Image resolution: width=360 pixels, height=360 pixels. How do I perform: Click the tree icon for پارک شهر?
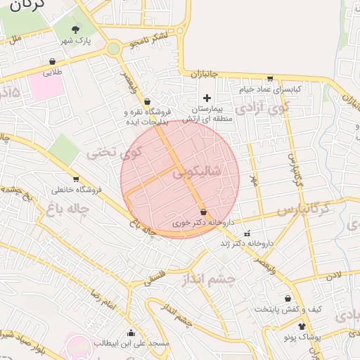click(x=76, y=29)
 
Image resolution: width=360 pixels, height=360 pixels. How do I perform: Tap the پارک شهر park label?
click(x=76, y=41)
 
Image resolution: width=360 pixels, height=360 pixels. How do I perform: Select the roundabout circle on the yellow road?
click(x=113, y=49)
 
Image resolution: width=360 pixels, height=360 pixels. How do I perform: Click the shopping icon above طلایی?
click(x=53, y=61)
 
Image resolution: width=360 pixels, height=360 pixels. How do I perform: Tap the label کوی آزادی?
click(x=262, y=108)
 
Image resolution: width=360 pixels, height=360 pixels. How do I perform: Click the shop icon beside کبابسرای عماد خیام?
click(x=269, y=78)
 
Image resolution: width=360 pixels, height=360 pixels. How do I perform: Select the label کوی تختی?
click(x=114, y=152)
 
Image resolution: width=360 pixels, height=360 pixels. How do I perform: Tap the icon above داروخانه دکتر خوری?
click(x=203, y=212)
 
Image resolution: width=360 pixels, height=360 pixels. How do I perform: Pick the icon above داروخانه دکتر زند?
click(x=246, y=233)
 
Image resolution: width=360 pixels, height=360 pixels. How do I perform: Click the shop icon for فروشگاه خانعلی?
click(x=75, y=179)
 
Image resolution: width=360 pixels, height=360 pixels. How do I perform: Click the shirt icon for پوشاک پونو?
click(x=302, y=326)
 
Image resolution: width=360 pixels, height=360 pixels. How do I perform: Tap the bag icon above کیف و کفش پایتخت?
click(x=287, y=298)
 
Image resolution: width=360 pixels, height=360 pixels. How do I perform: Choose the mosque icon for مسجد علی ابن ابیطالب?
click(x=131, y=333)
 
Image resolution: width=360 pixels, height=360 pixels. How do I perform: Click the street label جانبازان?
click(x=205, y=73)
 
